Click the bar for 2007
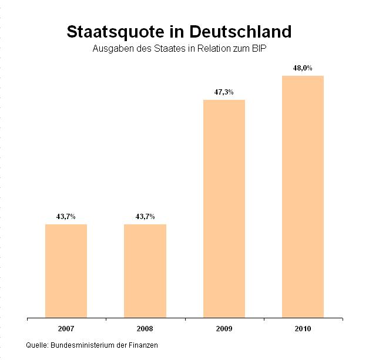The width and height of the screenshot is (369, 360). tap(66, 270)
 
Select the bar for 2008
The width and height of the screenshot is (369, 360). tap(145, 270)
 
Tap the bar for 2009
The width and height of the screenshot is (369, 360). tap(224, 208)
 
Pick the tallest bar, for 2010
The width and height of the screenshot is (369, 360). tap(303, 196)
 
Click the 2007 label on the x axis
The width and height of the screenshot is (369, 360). tap(66, 327)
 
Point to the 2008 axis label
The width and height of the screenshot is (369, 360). tap(145, 327)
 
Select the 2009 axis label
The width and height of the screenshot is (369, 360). tap(224, 327)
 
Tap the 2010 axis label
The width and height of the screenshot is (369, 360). tap(303, 327)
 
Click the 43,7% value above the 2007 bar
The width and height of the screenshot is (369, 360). tap(66, 217)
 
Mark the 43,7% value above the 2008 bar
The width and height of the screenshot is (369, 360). tap(145, 217)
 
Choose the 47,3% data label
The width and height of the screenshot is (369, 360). tap(224, 92)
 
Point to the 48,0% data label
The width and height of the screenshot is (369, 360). tap(303, 68)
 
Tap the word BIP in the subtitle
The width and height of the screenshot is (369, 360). tap(268, 48)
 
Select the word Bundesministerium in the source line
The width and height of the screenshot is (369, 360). tap(85, 345)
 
